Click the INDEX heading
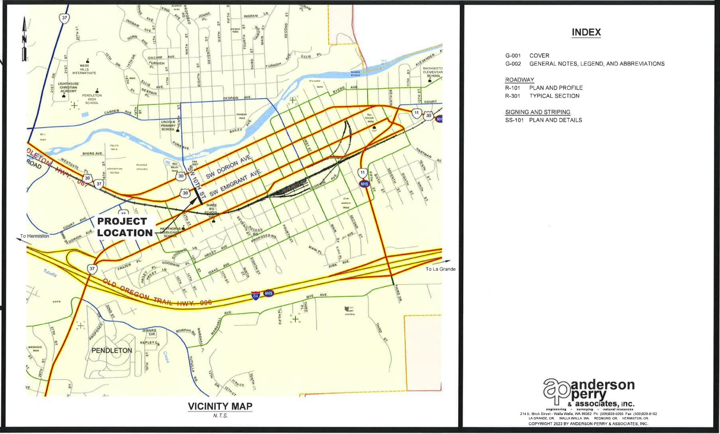pyautogui.click(x=586, y=32)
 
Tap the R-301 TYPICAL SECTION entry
pyautogui.click(x=542, y=96)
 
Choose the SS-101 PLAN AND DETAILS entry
pyautogui.click(x=543, y=120)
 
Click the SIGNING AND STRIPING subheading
pyautogui.click(x=538, y=112)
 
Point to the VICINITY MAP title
pyautogui.click(x=220, y=406)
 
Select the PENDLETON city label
pyautogui.click(x=112, y=350)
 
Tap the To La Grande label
pyautogui.click(x=440, y=269)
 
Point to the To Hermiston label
pyautogui.click(x=35, y=236)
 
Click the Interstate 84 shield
pyautogui.click(x=255, y=296)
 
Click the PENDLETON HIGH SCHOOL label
pyautogui.click(x=92, y=99)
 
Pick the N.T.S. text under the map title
pyautogui.click(x=220, y=416)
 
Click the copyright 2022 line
pyautogui.click(x=588, y=424)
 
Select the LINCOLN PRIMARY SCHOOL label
pyautogui.click(x=168, y=126)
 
